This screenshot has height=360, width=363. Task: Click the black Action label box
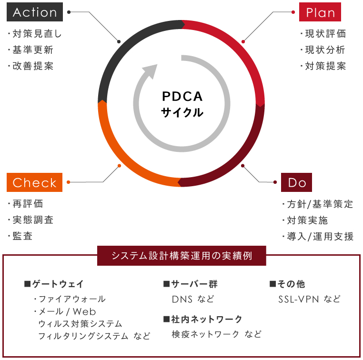[x=35, y=12]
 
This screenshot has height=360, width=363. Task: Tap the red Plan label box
[x=320, y=12]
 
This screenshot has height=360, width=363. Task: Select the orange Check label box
[x=34, y=182]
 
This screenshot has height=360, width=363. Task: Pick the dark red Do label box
[x=297, y=182]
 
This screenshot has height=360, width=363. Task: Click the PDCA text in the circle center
[x=182, y=96]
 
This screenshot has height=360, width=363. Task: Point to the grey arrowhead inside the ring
[x=150, y=71]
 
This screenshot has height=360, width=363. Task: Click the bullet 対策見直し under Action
[x=35, y=34]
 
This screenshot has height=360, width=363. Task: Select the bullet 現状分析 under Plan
[x=323, y=50]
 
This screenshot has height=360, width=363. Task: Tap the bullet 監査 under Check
[x=20, y=236]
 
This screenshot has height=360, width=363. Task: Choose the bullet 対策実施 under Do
[x=305, y=220]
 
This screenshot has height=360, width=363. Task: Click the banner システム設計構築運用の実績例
[x=181, y=256]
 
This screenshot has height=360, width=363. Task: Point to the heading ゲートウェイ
[x=54, y=284]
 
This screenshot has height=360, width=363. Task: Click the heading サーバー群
[x=191, y=284]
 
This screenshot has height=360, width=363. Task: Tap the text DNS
[x=182, y=299]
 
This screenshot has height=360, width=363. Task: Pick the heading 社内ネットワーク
[x=203, y=319]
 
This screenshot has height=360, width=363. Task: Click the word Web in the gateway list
[x=84, y=311]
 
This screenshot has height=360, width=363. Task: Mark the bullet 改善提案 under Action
[x=30, y=66]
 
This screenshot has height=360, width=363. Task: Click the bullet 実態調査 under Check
[x=30, y=220]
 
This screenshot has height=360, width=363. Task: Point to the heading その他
[x=287, y=284]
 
